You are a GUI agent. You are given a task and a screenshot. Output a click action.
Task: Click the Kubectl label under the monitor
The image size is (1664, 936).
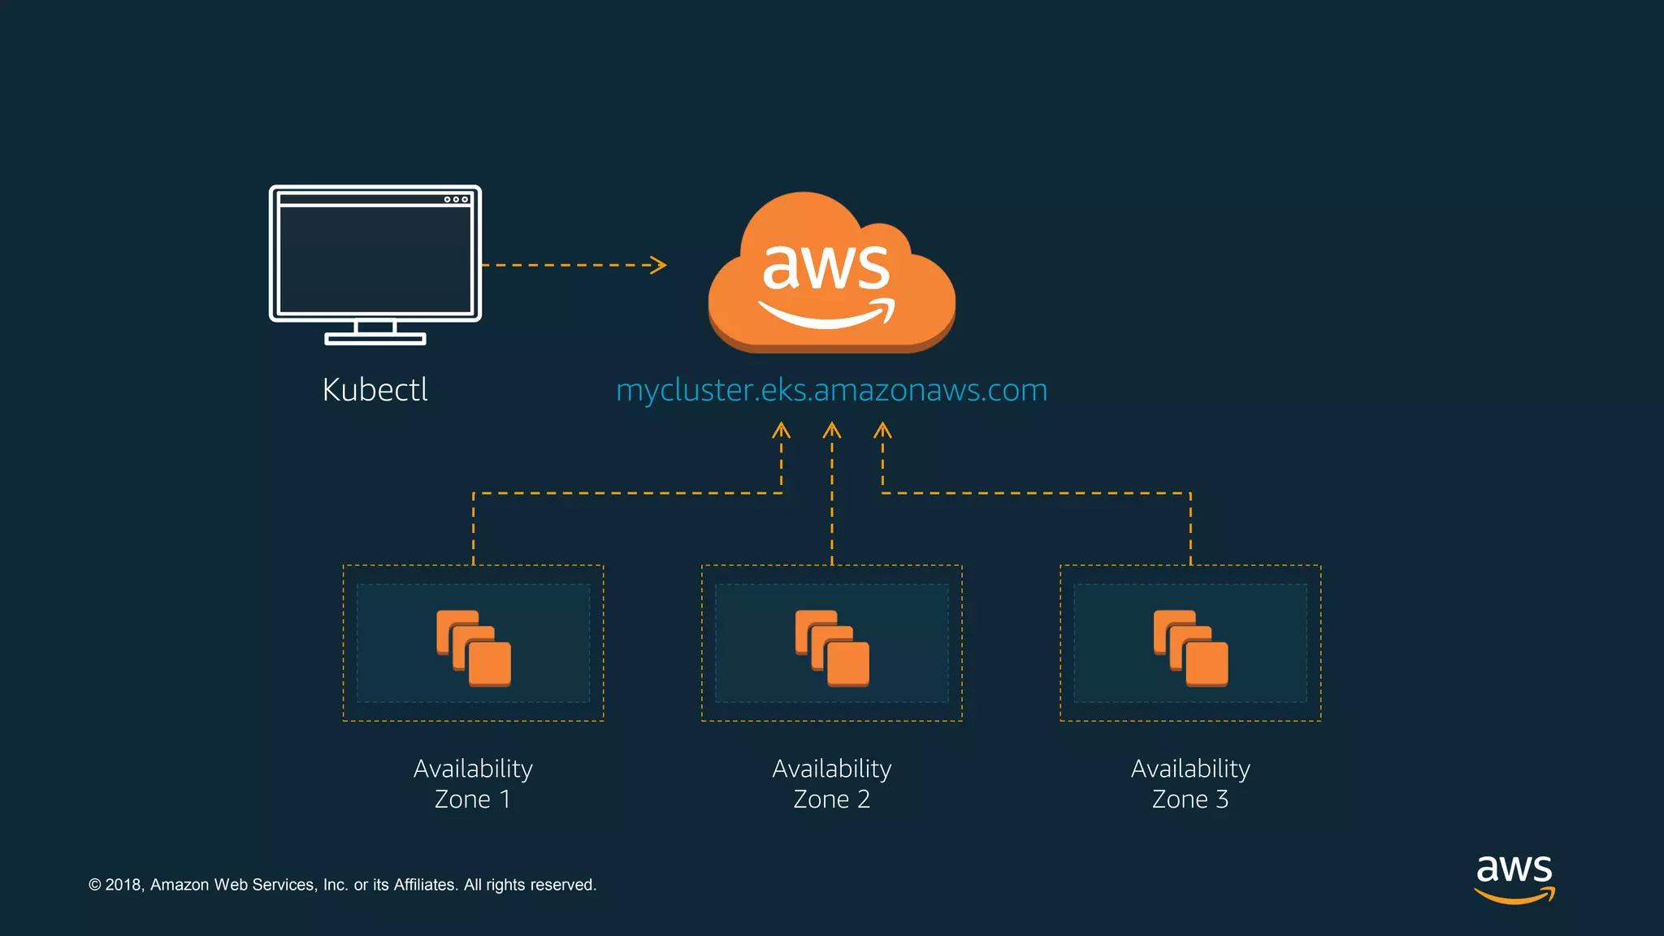click(375, 389)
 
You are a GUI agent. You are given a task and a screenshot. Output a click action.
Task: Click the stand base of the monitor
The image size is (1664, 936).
click(375, 339)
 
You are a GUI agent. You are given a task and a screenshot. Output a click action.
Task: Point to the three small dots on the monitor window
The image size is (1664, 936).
click(456, 199)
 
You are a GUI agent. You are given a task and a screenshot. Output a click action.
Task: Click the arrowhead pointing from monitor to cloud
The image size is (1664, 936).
click(659, 265)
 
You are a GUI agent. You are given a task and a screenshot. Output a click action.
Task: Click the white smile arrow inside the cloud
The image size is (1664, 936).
click(827, 314)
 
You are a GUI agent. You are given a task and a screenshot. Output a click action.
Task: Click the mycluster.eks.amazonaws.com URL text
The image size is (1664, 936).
click(831, 390)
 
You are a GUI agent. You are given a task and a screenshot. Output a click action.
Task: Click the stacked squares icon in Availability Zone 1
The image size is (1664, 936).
click(474, 648)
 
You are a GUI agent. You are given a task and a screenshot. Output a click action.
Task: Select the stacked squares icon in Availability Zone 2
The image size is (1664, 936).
click(832, 648)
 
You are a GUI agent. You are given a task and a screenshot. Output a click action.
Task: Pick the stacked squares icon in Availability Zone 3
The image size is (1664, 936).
click(1190, 648)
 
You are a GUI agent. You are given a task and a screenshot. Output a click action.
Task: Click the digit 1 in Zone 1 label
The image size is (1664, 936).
click(505, 799)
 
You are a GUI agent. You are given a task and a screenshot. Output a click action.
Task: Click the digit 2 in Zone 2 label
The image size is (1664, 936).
click(863, 799)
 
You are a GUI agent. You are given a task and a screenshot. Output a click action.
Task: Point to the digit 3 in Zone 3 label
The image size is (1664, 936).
click(1221, 799)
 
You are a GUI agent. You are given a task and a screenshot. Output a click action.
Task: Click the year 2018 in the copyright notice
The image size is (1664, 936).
click(123, 885)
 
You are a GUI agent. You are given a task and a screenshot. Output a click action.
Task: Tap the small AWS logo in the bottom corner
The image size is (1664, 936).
click(1514, 877)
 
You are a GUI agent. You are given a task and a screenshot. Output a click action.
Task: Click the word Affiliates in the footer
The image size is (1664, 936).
click(425, 885)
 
